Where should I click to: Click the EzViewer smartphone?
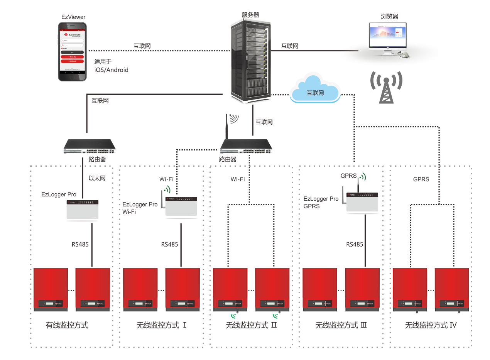(72, 51)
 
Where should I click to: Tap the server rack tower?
(250, 62)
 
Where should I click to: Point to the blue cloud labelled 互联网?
(315, 91)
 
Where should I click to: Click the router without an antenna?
(92, 146)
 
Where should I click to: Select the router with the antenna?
(246, 145)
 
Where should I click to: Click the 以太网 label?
(97, 178)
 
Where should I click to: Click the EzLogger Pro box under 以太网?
(82, 210)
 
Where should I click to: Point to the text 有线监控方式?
(67, 325)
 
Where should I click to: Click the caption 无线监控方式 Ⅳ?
(431, 325)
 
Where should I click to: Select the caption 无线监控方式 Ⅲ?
(341, 325)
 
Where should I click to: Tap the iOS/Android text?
(111, 70)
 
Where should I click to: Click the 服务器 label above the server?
(250, 15)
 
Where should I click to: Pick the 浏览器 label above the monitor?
(389, 17)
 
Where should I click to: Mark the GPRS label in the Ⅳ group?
(421, 179)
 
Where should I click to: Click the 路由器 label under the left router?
(97, 159)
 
